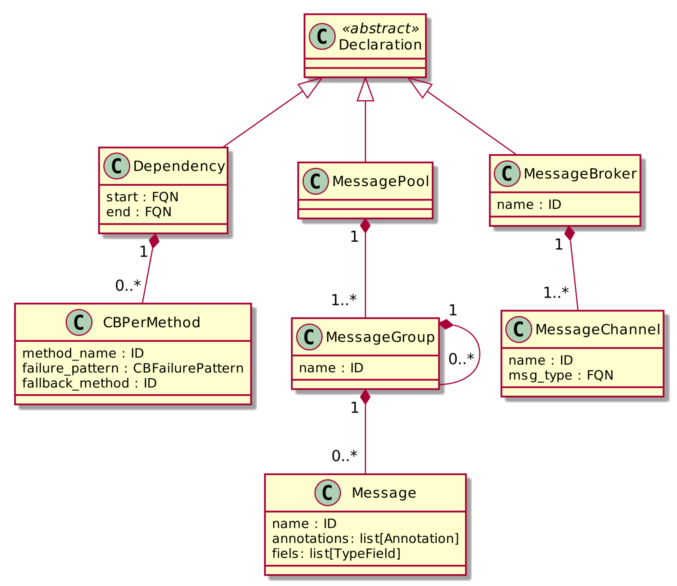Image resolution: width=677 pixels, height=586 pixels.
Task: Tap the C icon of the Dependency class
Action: click(117, 166)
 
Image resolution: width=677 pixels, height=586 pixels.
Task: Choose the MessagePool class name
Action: click(381, 181)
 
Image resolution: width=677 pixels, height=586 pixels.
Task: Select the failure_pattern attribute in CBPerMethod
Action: click(133, 369)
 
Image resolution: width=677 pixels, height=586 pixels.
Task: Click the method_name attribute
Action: click(83, 353)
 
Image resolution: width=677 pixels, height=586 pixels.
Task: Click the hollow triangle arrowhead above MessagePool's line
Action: click(366, 90)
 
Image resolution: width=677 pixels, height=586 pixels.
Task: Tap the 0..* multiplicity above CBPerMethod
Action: click(128, 286)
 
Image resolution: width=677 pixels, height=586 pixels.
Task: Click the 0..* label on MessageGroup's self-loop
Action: click(461, 359)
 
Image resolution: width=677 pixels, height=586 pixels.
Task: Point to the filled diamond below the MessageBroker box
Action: click(570, 233)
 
